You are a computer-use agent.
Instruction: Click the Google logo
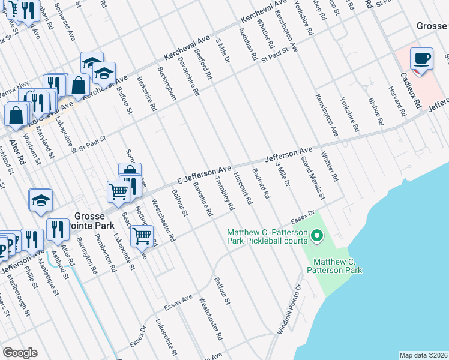[20, 353]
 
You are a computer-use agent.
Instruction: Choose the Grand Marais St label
[312, 178]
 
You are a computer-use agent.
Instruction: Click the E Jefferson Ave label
[204, 174]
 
